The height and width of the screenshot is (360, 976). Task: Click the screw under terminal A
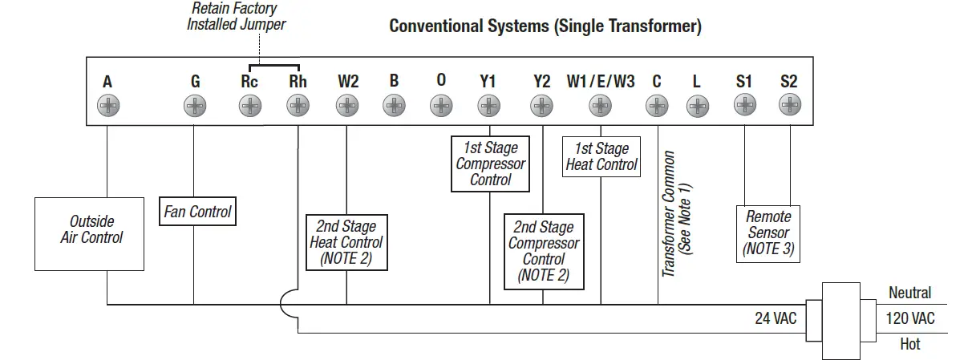click(x=107, y=105)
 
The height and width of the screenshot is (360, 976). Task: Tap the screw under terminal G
click(x=195, y=105)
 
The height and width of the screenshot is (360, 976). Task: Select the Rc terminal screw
click(x=250, y=105)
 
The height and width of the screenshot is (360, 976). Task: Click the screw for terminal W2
click(x=347, y=105)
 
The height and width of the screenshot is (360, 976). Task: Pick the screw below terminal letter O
click(x=441, y=105)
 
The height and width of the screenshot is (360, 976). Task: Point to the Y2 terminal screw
click(x=542, y=105)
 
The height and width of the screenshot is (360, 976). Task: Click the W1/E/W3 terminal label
click(x=601, y=82)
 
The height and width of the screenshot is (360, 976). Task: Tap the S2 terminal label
click(x=789, y=82)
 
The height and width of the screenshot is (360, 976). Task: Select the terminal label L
click(x=696, y=82)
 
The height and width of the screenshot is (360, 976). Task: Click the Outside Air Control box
click(x=90, y=233)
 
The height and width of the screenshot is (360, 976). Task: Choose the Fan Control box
click(x=197, y=212)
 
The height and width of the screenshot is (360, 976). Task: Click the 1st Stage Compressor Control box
click(x=490, y=164)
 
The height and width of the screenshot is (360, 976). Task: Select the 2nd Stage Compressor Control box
click(x=544, y=251)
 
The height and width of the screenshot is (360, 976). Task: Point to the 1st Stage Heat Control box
click(x=601, y=157)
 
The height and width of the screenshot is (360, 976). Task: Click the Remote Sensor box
click(x=768, y=233)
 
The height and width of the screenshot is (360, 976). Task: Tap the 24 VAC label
click(x=776, y=319)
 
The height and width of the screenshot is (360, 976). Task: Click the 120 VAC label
click(x=910, y=319)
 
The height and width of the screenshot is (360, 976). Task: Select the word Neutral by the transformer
click(x=909, y=293)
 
